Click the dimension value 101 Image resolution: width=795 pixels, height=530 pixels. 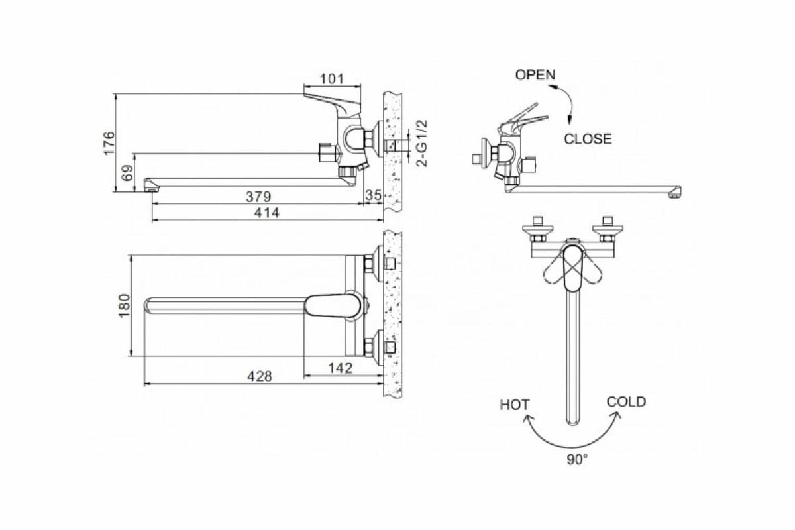[332, 79]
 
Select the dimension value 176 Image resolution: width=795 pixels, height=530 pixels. [109, 143]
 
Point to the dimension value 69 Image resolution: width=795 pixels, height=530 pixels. [128, 173]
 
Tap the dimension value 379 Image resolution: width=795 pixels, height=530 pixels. [259, 197]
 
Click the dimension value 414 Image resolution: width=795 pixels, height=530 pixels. [267, 213]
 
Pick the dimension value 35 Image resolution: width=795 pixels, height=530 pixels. [374, 195]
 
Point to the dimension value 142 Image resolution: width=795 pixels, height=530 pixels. [340, 368]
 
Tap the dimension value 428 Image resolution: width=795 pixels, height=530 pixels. [259, 376]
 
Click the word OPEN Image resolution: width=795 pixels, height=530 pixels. [535, 75]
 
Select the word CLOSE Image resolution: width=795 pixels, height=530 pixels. [588, 139]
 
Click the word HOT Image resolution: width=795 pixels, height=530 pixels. [515, 404]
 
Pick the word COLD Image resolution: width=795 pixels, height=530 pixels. [626, 401]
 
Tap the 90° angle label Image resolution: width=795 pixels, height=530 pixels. [576, 459]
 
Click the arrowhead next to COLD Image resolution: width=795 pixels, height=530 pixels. [617, 415]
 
